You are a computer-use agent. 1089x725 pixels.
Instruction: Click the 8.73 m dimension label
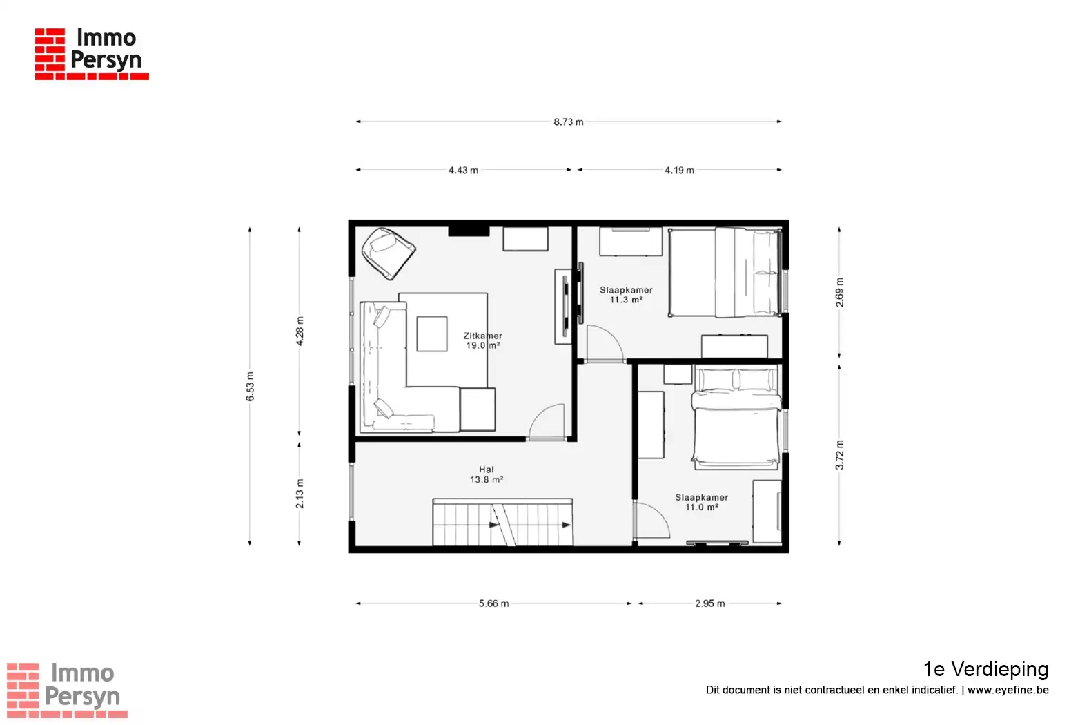pos(569,122)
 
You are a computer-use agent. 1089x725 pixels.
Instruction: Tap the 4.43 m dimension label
pos(463,171)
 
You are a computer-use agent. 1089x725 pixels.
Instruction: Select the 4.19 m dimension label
pos(679,171)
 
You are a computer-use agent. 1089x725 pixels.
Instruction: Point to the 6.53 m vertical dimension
pos(250,387)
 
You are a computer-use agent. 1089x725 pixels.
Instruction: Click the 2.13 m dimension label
pos(300,494)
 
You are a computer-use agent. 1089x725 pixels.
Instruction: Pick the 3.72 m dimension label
pos(840,455)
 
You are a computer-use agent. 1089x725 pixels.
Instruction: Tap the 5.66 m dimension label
pos(493,603)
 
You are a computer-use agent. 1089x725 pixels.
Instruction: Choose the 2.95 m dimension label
pos(710,603)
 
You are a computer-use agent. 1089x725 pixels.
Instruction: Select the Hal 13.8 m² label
pos(486,474)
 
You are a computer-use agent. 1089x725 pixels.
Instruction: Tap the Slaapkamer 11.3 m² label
pos(626,295)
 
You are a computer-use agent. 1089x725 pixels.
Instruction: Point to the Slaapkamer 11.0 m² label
pos(702,502)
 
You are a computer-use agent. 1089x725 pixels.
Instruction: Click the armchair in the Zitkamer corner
pos(389,253)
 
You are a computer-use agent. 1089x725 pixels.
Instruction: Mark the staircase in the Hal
pos(502,522)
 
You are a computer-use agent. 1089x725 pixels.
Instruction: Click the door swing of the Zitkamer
pos(547,422)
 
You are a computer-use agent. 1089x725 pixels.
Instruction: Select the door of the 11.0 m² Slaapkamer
pos(652,521)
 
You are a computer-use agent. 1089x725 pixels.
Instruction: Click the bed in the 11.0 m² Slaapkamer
pos(736,418)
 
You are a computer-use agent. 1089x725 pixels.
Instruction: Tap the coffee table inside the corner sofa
pos(432,333)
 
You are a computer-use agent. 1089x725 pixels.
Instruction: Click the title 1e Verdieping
pos(985,669)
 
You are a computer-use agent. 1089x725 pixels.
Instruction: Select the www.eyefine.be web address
pos(1008,690)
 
